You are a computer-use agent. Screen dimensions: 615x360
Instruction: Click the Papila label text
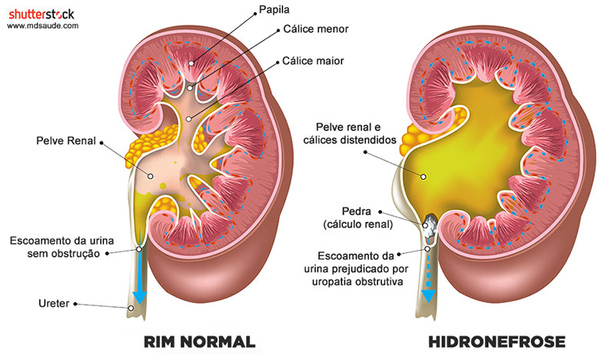click(274, 10)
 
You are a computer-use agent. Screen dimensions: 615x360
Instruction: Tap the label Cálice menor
click(316, 29)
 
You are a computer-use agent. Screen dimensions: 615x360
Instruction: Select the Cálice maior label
click(313, 61)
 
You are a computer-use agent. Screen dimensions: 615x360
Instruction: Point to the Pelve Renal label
click(66, 141)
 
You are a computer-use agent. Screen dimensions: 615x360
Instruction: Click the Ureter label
click(54, 303)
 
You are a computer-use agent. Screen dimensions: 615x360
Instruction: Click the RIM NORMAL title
click(200, 342)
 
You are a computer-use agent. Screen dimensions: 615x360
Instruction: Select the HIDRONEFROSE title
click(497, 342)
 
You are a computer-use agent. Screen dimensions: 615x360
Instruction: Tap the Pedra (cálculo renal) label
click(358, 218)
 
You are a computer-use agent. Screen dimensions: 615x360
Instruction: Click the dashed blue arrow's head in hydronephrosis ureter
click(428, 295)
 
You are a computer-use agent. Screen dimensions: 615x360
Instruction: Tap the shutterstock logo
click(42, 15)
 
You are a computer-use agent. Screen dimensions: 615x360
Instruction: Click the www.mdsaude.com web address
click(43, 26)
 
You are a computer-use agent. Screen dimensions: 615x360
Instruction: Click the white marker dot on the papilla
click(191, 63)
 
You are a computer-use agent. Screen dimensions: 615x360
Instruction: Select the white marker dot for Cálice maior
click(188, 118)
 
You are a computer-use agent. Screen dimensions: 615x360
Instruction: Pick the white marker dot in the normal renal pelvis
click(150, 176)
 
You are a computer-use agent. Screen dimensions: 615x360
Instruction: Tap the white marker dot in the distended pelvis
click(424, 177)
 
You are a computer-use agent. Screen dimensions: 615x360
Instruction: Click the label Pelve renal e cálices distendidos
click(350, 134)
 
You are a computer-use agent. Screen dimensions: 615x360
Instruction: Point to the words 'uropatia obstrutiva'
click(357, 282)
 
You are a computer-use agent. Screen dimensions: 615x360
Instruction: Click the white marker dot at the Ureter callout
click(131, 308)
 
